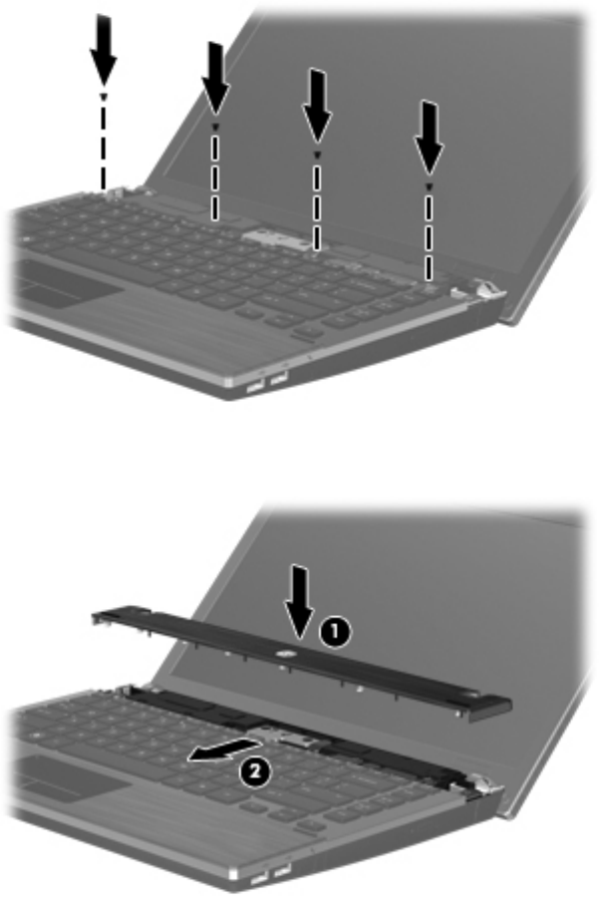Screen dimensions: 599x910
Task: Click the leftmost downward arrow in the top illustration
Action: pos(104,49)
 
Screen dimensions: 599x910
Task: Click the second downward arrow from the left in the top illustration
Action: pos(216,77)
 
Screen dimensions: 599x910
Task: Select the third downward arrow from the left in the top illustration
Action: pos(317,105)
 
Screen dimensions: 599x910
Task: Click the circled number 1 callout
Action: pos(336,632)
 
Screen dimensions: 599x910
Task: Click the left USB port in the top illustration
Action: pos(255,385)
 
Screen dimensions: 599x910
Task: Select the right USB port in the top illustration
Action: pos(278,379)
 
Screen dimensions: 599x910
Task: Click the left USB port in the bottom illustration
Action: pos(259,880)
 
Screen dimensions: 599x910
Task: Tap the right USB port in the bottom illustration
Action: pos(281,873)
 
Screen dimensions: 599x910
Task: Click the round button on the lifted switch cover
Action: pos(285,654)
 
